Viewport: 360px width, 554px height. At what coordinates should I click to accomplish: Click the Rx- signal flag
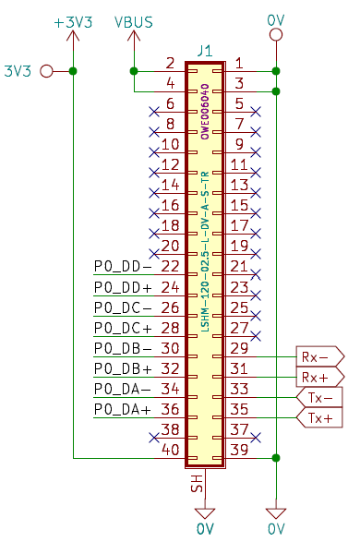click(319, 356)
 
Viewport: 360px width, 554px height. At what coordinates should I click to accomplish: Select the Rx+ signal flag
click(319, 377)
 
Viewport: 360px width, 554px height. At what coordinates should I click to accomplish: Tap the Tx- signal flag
click(319, 397)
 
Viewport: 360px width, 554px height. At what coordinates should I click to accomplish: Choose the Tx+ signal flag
click(319, 418)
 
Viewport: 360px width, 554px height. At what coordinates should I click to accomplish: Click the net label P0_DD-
click(123, 267)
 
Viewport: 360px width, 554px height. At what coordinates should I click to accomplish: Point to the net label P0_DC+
click(123, 328)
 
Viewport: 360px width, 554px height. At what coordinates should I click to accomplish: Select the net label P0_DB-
click(123, 349)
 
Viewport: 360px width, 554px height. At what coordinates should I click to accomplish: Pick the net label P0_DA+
click(123, 409)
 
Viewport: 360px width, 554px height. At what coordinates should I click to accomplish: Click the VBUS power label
click(134, 22)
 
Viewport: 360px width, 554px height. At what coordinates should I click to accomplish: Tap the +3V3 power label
click(73, 22)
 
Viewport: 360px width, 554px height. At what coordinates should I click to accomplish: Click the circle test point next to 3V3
click(46, 71)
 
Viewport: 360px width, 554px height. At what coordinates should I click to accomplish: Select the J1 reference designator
click(205, 51)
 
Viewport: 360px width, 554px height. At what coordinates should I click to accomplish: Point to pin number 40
click(170, 450)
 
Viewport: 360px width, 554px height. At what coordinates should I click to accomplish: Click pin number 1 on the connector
click(239, 63)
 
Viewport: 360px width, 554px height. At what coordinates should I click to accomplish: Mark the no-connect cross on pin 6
click(154, 112)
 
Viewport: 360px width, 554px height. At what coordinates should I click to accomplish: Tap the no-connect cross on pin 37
click(256, 438)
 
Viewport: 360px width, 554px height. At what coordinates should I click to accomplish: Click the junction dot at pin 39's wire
click(276, 458)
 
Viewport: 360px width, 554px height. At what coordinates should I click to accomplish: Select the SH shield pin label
click(198, 483)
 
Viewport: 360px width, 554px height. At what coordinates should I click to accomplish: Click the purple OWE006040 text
click(205, 112)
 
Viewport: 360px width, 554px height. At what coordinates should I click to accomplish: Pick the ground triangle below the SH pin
click(205, 513)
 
